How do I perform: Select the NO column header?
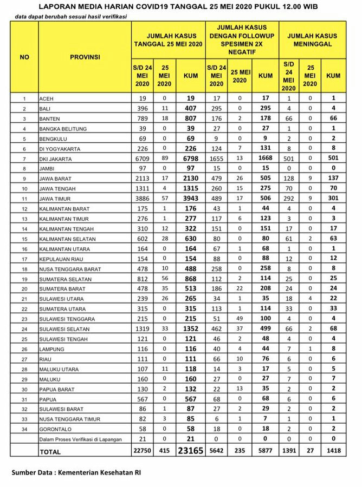pyautogui.click(x=24, y=57)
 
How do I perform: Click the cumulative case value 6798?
pyautogui.click(x=191, y=159)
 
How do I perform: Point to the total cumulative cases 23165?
pyautogui.click(x=191, y=451)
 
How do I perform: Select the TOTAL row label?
pyautogui.click(x=51, y=451)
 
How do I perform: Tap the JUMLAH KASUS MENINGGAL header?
pyautogui.click(x=312, y=40)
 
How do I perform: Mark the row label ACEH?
pyautogui.click(x=47, y=100)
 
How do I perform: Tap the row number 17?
pyautogui.click(x=24, y=259)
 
